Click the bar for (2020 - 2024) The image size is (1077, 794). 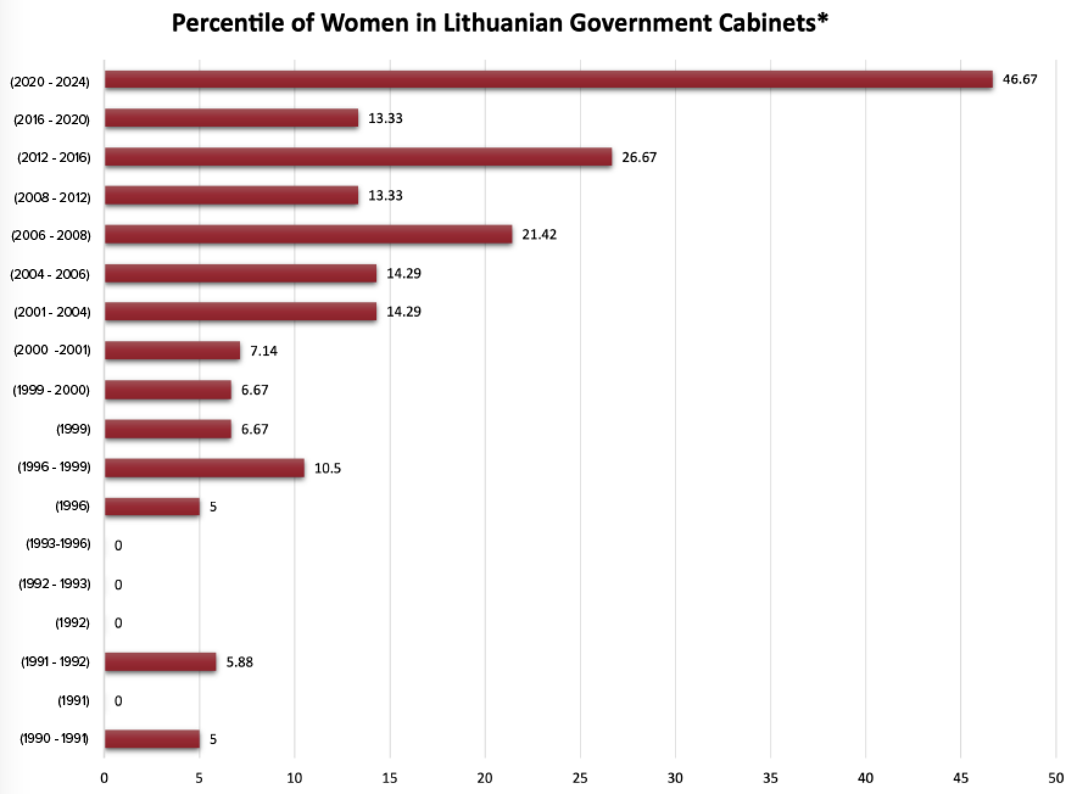click(x=548, y=80)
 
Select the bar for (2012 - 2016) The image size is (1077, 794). click(x=358, y=157)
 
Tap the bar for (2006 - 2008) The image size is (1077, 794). click(x=308, y=234)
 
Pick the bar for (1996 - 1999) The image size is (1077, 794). click(x=205, y=468)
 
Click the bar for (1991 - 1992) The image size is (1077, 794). click(x=160, y=662)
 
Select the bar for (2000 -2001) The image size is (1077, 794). click(x=172, y=351)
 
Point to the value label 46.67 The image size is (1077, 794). click(x=1020, y=80)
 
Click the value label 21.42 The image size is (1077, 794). click(x=539, y=234)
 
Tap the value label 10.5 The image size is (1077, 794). click(x=328, y=468)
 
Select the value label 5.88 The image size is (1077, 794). click(x=239, y=662)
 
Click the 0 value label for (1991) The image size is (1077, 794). click(x=118, y=701)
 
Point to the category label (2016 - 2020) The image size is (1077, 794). click(x=52, y=119)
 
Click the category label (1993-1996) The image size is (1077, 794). click(x=58, y=544)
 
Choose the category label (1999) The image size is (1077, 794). click(x=73, y=429)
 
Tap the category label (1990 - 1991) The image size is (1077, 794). click(x=54, y=739)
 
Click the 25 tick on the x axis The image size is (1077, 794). click(x=580, y=778)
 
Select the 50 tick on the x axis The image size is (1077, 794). click(x=1056, y=778)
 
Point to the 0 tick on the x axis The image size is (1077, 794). click(x=104, y=778)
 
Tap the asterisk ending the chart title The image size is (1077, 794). click(x=823, y=19)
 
